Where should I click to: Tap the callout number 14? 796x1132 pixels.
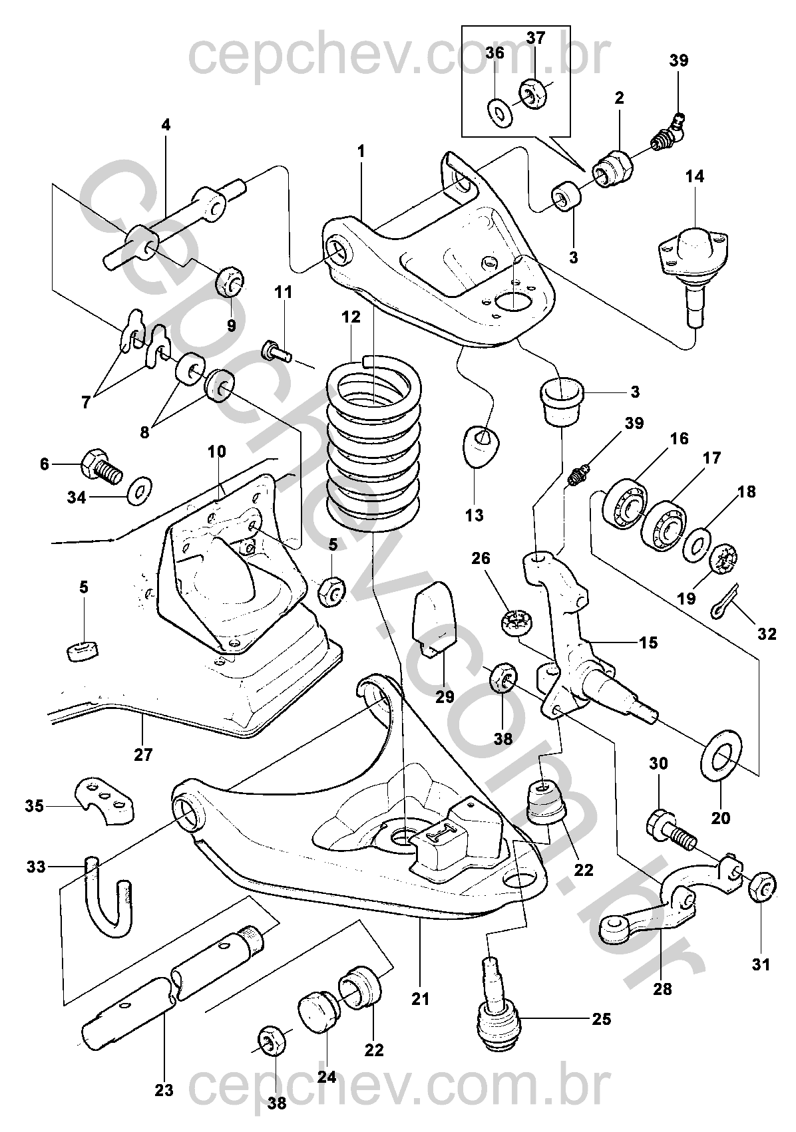(x=695, y=177)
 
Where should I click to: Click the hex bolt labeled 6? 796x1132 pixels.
(x=100, y=465)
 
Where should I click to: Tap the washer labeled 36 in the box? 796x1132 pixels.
(x=500, y=111)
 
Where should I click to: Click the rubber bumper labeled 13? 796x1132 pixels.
(x=481, y=444)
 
